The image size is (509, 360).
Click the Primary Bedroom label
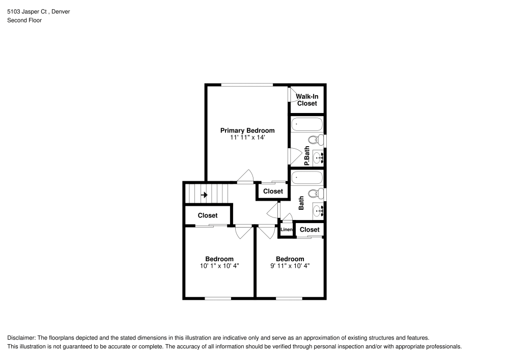click(247, 130)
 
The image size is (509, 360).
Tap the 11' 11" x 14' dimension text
click(247, 137)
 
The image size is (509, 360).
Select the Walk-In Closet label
click(307, 99)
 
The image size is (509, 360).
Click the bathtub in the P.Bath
click(307, 125)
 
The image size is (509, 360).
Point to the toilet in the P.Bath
click(315, 140)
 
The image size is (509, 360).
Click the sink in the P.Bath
click(318, 157)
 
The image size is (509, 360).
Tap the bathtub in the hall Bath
click(307, 178)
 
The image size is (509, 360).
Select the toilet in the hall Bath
click(315, 193)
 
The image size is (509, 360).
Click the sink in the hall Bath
click(318, 210)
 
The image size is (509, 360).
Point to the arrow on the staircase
click(204, 195)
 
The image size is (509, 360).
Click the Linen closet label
click(287, 230)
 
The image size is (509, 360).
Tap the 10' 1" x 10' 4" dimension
click(219, 266)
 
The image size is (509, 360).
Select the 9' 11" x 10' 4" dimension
click(290, 266)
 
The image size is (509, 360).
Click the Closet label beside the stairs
click(208, 215)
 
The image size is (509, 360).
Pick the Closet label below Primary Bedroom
click(273, 191)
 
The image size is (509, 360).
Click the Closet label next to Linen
click(309, 230)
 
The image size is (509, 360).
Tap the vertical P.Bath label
click(307, 156)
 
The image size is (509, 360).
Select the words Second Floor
click(24, 20)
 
